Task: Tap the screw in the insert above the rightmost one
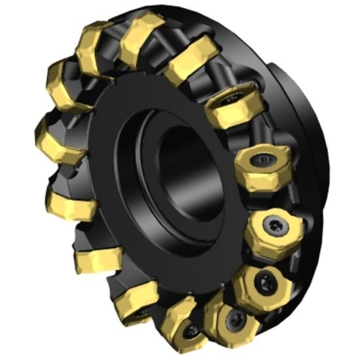click(x=264, y=159)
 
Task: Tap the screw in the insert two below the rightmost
click(x=231, y=320)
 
